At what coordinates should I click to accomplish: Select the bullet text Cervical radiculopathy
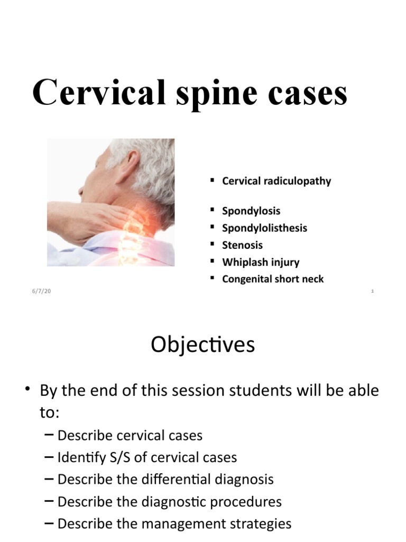276,181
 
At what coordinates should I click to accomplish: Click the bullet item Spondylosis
251,211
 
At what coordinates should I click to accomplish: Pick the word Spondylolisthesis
264,228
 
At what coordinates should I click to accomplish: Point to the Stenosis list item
242,245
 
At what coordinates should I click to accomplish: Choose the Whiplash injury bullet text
261,262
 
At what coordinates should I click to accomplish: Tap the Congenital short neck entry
273,279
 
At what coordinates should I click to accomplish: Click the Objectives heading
202,345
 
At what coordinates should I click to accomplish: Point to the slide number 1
372,292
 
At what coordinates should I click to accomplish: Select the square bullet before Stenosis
211,244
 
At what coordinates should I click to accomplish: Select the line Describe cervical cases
130,436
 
